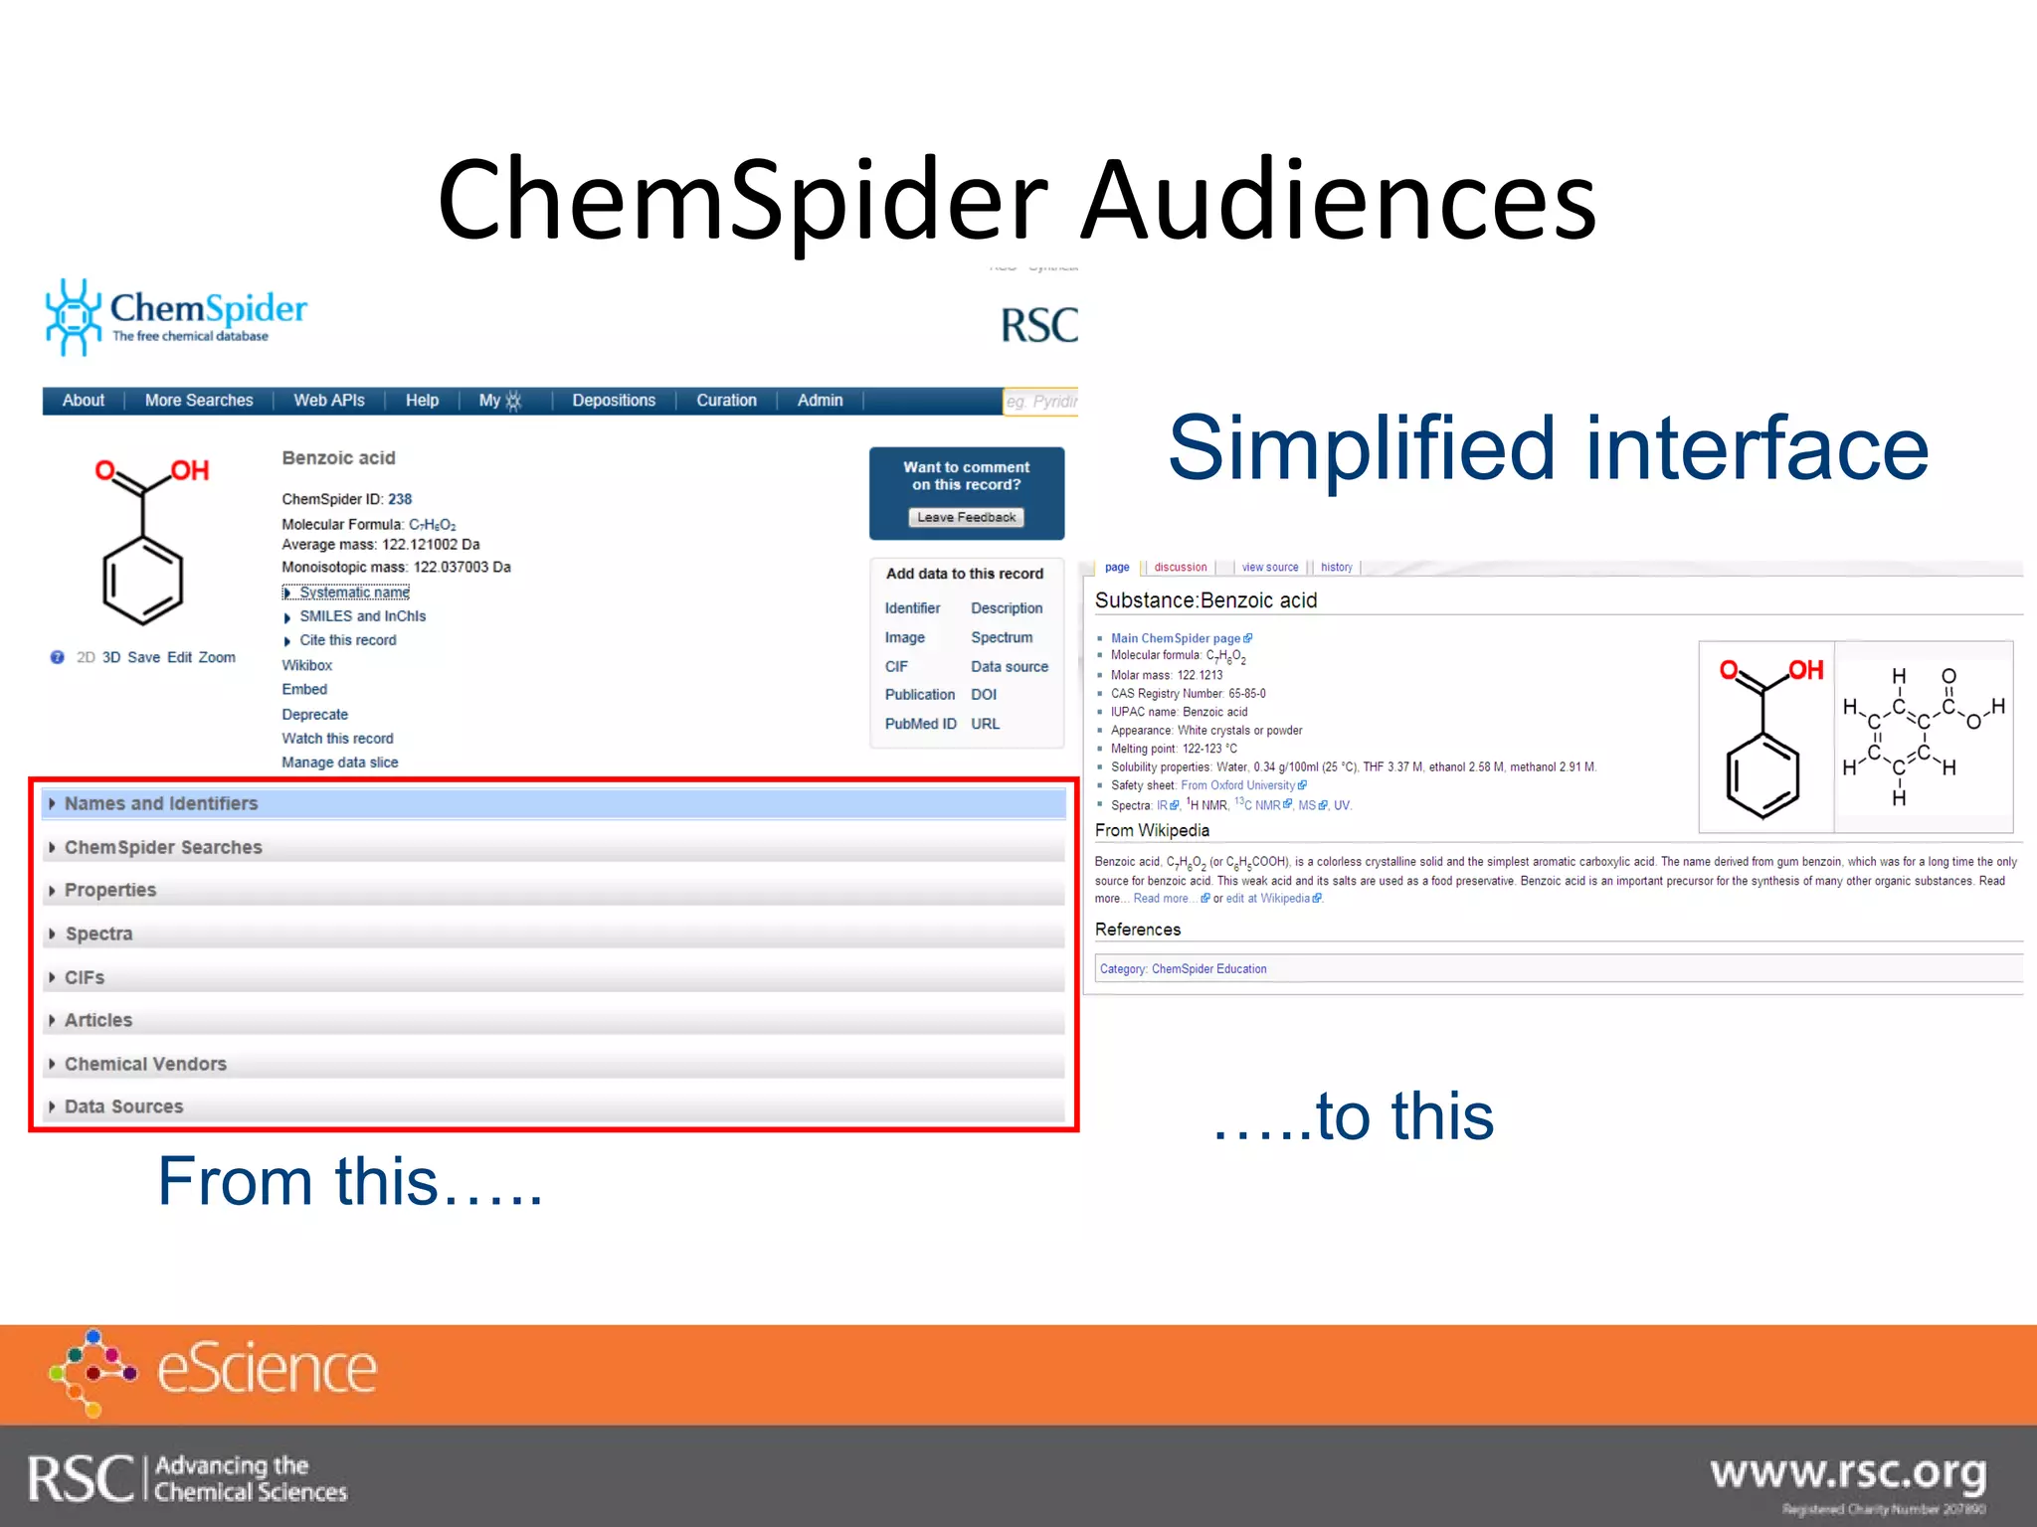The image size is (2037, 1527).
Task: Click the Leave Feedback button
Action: pyautogui.click(x=966, y=517)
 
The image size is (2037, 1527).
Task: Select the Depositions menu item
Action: pyautogui.click(x=614, y=401)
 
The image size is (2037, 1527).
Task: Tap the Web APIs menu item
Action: pyautogui.click(x=329, y=401)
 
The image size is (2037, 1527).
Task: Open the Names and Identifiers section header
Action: pyautogui.click(x=161, y=803)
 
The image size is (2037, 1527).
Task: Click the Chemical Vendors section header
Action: pyautogui.click(x=145, y=1064)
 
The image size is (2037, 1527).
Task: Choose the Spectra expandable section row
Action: pyautogui.click(x=98, y=933)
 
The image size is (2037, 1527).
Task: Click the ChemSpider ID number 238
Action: pyautogui.click(x=400, y=499)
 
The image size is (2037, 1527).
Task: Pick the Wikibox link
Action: pyautogui.click(x=306, y=665)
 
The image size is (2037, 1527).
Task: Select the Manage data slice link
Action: pyautogui.click(x=339, y=763)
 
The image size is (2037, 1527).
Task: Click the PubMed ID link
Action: pyautogui.click(x=920, y=724)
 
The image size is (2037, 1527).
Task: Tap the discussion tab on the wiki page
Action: pyautogui.click(x=1181, y=568)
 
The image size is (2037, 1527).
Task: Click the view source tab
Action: pyautogui.click(x=1270, y=568)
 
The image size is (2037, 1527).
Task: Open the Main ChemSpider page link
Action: pyautogui.click(x=1176, y=638)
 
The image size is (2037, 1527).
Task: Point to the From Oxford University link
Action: pyautogui.click(x=1238, y=785)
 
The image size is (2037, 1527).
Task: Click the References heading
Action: pyautogui.click(x=1138, y=930)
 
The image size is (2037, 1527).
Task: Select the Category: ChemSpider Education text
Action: pyautogui.click(x=1184, y=969)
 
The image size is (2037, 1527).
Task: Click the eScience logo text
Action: pyautogui.click(x=267, y=1369)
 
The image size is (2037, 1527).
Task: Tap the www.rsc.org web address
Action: pyautogui.click(x=1848, y=1472)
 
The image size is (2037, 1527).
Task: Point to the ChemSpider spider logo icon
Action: pyautogui.click(x=73, y=316)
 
